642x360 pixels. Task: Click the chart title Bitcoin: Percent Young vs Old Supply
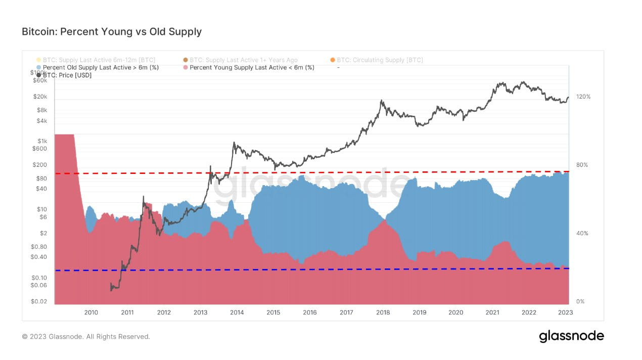[x=112, y=31]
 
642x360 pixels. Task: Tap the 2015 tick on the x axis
[x=273, y=312]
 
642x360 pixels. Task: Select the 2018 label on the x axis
[x=383, y=312]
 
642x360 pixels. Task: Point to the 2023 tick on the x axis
[x=565, y=312]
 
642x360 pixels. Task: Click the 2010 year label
[x=91, y=312]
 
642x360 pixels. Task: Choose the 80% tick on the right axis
[x=584, y=165]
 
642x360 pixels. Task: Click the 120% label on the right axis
[x=584, y=97]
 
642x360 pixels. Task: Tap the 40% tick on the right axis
[x=584, y=233]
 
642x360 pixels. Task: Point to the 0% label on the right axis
[x=580, y=301]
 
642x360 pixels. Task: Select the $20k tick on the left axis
[x=40, y=97]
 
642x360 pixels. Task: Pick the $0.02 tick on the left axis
[x=39, y=301]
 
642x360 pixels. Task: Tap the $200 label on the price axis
[x=40, y=165]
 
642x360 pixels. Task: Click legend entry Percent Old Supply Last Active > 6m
[x=101, y=67]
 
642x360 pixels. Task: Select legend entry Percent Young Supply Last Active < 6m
[x=252, y=67]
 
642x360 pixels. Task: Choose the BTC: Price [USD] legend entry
[x=67, y=75]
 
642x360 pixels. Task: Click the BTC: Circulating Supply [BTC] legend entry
[x=380, y=60]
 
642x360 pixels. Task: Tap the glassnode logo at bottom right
[x=571, y=336]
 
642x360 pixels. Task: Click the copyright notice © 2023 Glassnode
[x=86, y=336]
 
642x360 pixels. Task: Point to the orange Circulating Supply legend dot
[x=333, y=60]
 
